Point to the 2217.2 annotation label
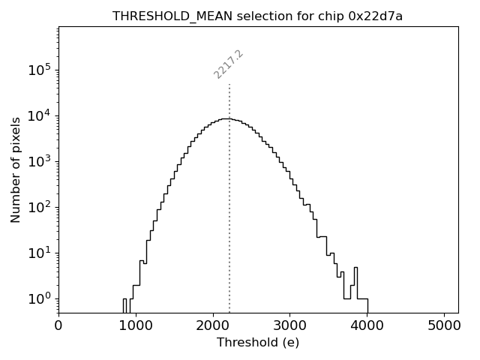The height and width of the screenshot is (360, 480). pos(229,64)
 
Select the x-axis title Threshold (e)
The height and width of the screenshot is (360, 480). pos(258,343)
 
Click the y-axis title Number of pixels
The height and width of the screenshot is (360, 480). pos(16,169)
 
